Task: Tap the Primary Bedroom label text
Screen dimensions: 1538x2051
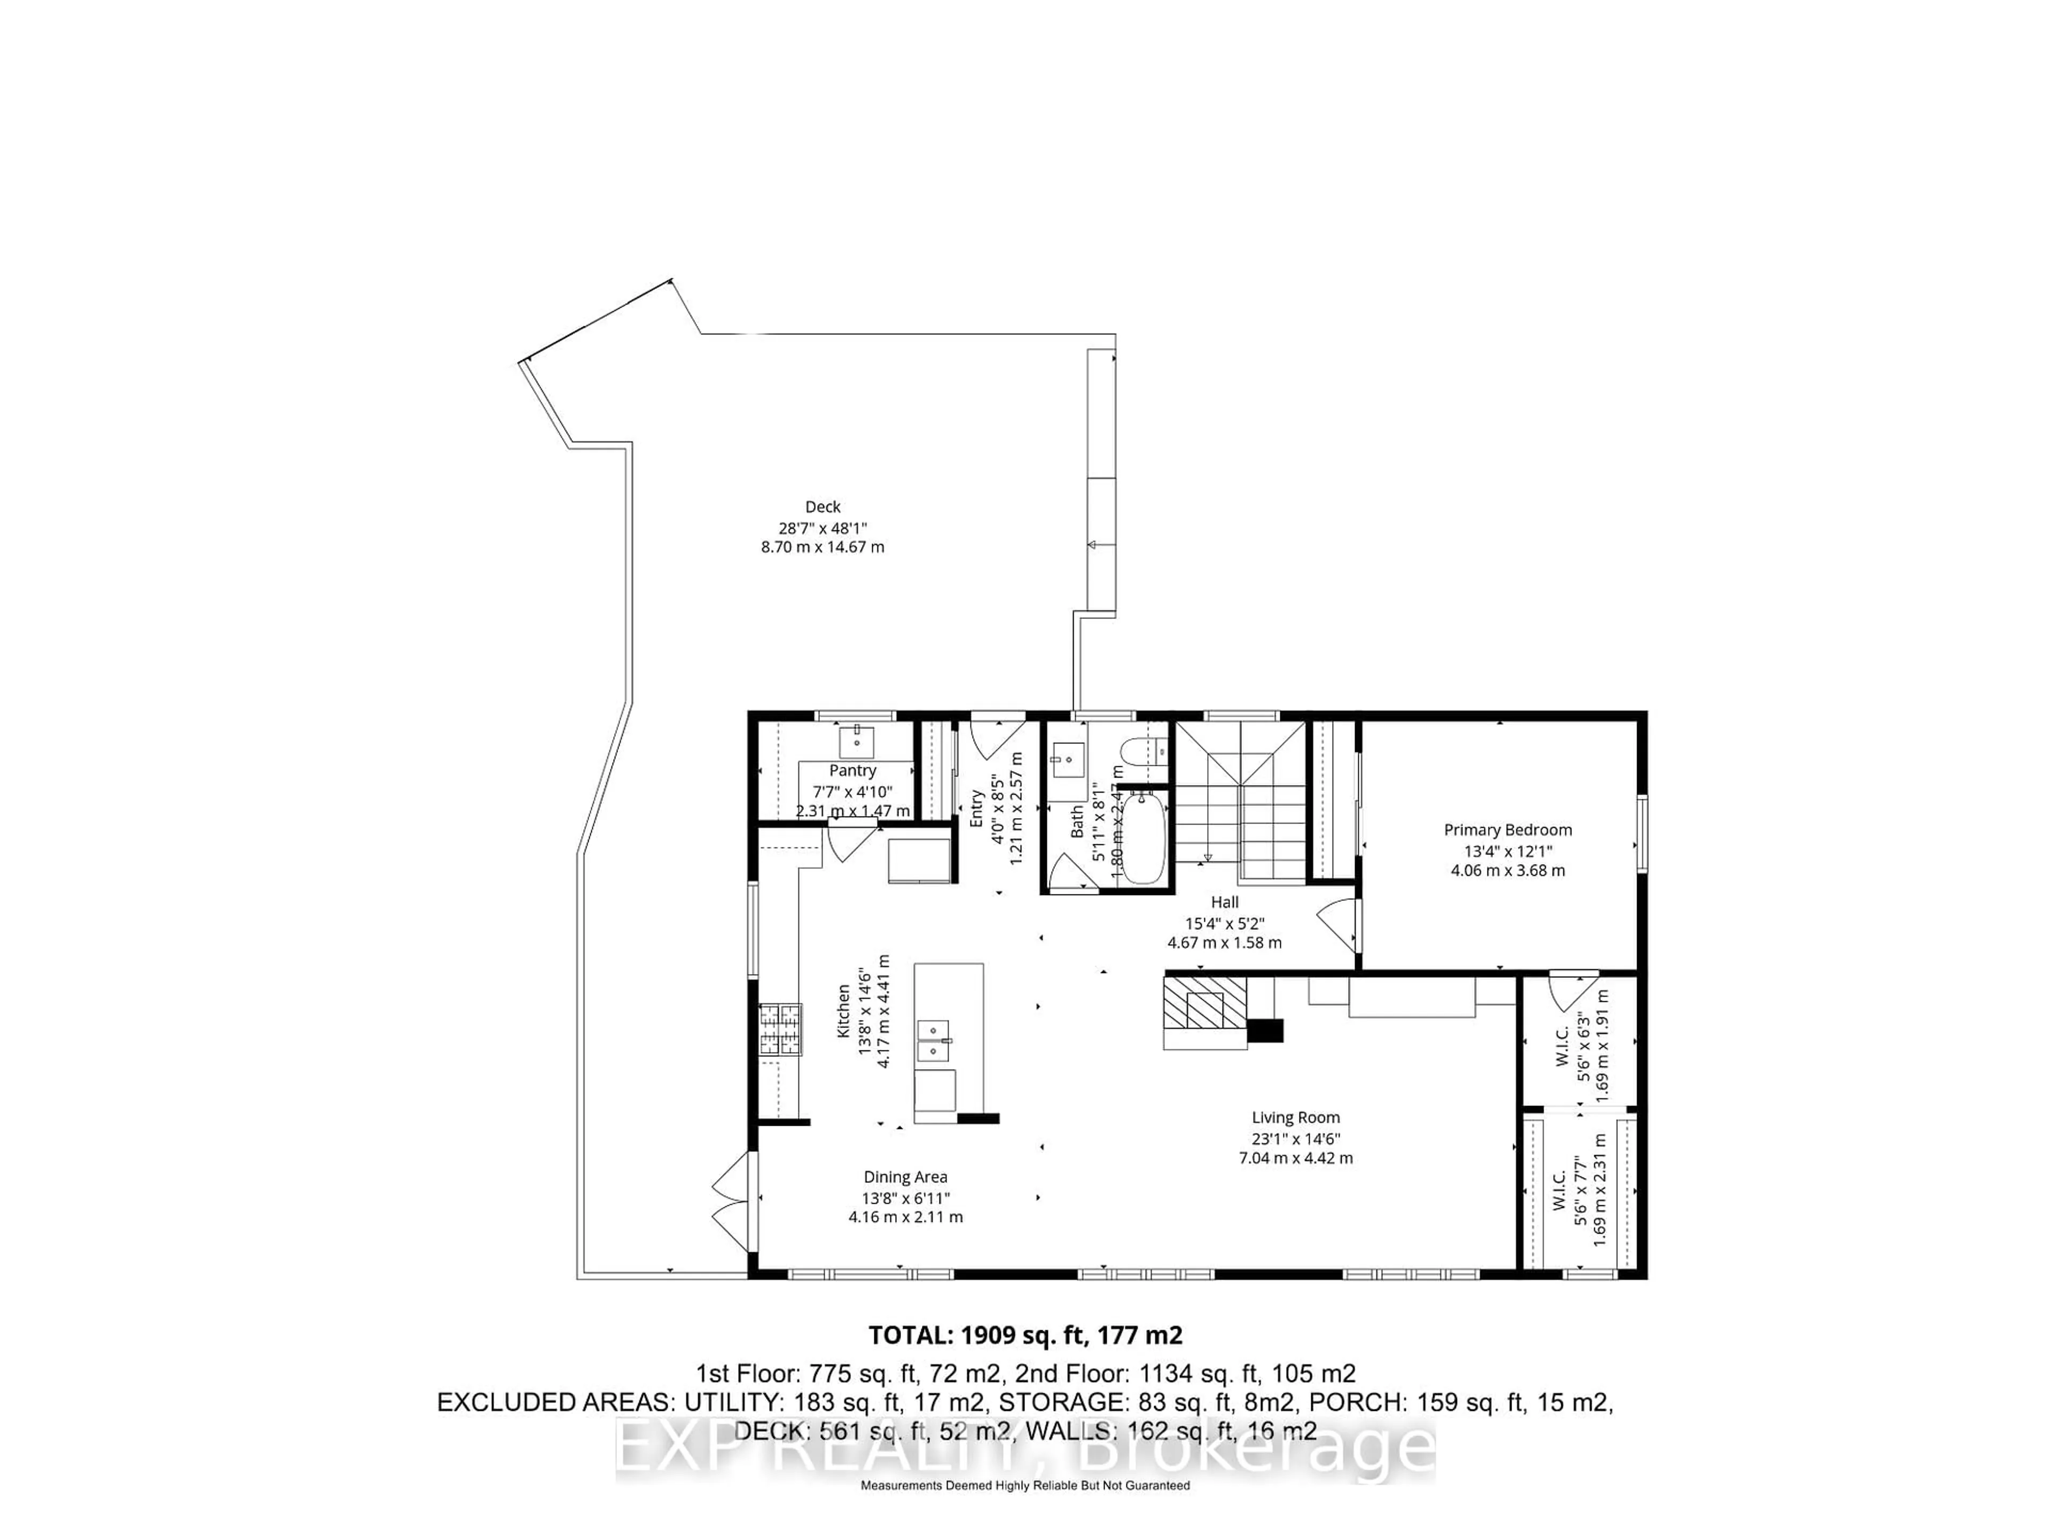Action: coord(1508,830)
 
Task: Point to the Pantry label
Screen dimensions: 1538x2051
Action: coord(852,771)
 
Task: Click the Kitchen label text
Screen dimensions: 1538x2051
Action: coord(844,1010)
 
